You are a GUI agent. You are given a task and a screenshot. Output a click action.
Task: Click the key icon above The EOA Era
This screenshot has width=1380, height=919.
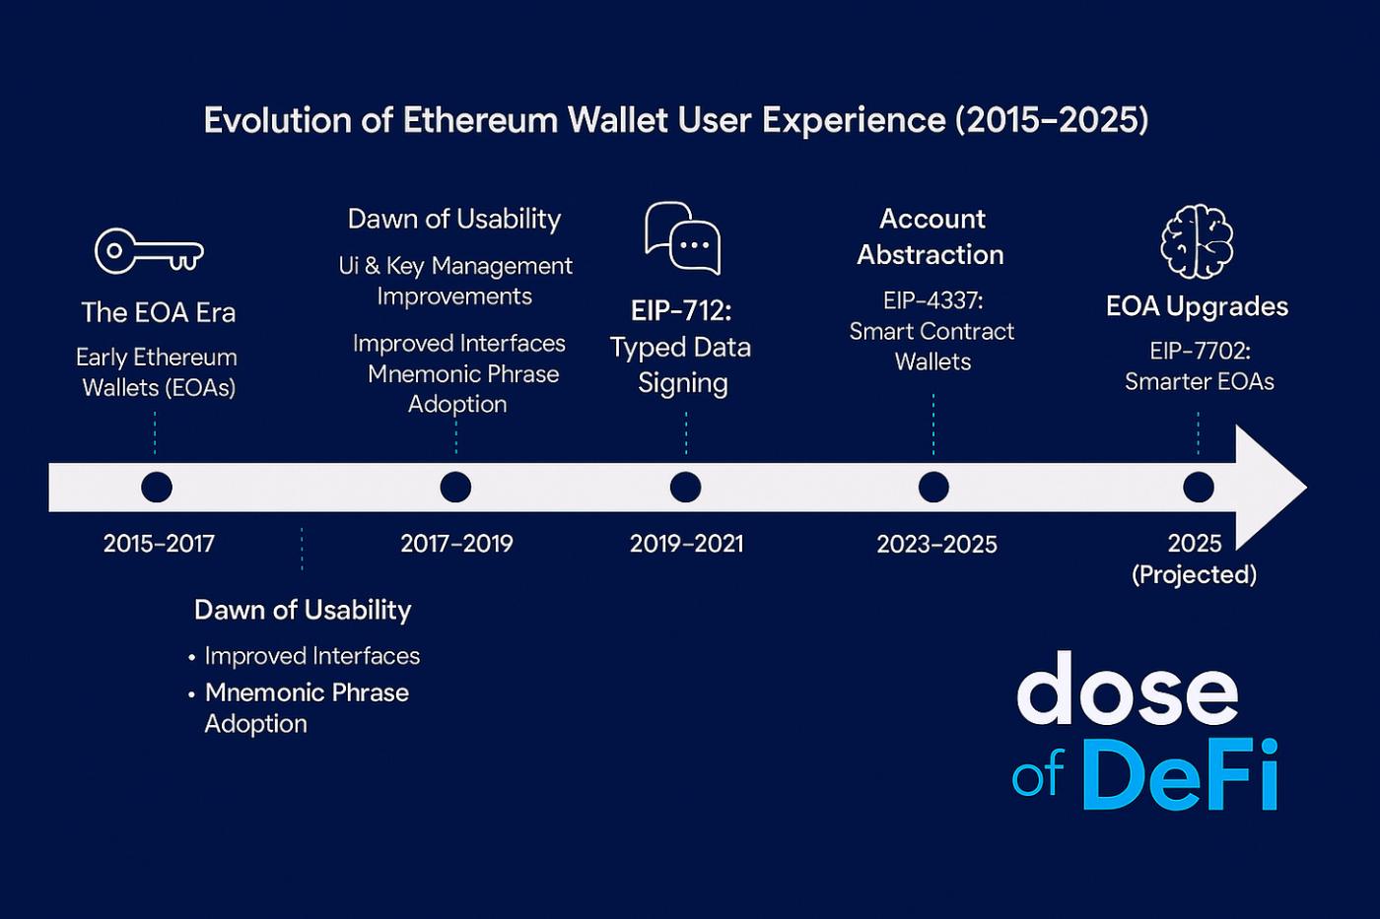point(149,250)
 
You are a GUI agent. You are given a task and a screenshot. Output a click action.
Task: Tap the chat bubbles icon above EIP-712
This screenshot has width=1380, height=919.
point(682,238)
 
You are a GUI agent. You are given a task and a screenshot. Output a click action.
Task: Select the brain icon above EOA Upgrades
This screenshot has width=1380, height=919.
point(1197,241)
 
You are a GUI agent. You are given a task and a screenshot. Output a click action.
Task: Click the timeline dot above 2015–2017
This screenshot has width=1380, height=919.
point(157,487)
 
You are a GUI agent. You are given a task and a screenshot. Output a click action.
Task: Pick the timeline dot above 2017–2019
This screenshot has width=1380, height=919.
point(455,487)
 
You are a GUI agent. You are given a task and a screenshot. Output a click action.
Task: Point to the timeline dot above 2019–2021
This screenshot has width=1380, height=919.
point(686,487)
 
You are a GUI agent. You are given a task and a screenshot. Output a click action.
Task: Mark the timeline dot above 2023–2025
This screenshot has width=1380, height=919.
point(934,487)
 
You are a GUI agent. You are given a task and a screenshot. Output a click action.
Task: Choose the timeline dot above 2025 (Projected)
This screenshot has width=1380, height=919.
point(1199,487)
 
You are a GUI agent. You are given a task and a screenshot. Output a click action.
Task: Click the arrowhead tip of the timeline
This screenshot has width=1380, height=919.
point(1307,487)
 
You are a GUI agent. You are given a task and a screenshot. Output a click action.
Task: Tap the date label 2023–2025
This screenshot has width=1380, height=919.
point(936,544)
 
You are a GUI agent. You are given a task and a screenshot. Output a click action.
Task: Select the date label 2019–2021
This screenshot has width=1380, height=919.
point(686,544)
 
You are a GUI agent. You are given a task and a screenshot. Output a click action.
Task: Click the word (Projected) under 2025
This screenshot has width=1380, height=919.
point(1194,575)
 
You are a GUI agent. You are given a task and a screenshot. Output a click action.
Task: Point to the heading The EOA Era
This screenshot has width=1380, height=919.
point(159,312)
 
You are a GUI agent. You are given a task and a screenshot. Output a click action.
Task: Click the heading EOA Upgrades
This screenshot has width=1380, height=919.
point(1197,306)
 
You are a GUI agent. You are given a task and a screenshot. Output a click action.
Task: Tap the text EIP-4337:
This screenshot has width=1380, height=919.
point(932,301)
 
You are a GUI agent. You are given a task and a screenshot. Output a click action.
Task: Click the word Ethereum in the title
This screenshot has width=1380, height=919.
point(481,119)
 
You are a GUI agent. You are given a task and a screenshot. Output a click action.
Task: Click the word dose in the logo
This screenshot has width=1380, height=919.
point(1127,689)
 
